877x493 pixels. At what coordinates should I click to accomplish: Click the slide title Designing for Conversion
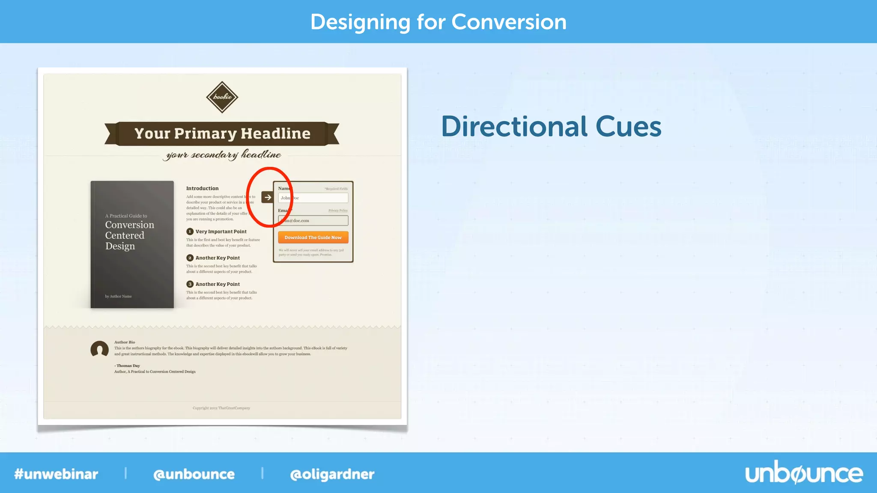[438, 22]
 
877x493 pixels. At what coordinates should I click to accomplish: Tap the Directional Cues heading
[551, 127]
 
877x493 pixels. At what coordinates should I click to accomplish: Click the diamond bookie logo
[222, 97]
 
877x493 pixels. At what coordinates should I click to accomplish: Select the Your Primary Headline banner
[222, 134]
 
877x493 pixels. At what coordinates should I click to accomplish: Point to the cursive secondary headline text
[222, 154]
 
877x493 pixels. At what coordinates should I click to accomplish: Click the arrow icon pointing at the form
[268, 197]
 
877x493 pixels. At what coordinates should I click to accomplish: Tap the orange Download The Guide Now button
[313, 238]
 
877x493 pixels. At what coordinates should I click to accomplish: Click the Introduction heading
[202, 188]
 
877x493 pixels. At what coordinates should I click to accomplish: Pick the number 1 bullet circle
[190, 232]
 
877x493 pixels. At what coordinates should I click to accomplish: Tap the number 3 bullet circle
[190, 284]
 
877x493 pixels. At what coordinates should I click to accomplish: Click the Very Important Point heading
[221, 232]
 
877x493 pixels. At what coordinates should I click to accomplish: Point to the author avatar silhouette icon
[99, 349]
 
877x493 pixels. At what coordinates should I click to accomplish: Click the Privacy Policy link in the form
[338, 211]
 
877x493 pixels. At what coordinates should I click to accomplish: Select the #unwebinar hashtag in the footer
[56, 474]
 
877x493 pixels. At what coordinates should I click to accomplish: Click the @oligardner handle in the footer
[332, 474]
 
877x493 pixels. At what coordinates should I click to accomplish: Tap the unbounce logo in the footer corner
[804, 473]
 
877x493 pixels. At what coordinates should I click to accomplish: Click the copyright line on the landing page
[221, 408]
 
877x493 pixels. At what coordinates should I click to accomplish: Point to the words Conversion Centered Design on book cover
[129, 235]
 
